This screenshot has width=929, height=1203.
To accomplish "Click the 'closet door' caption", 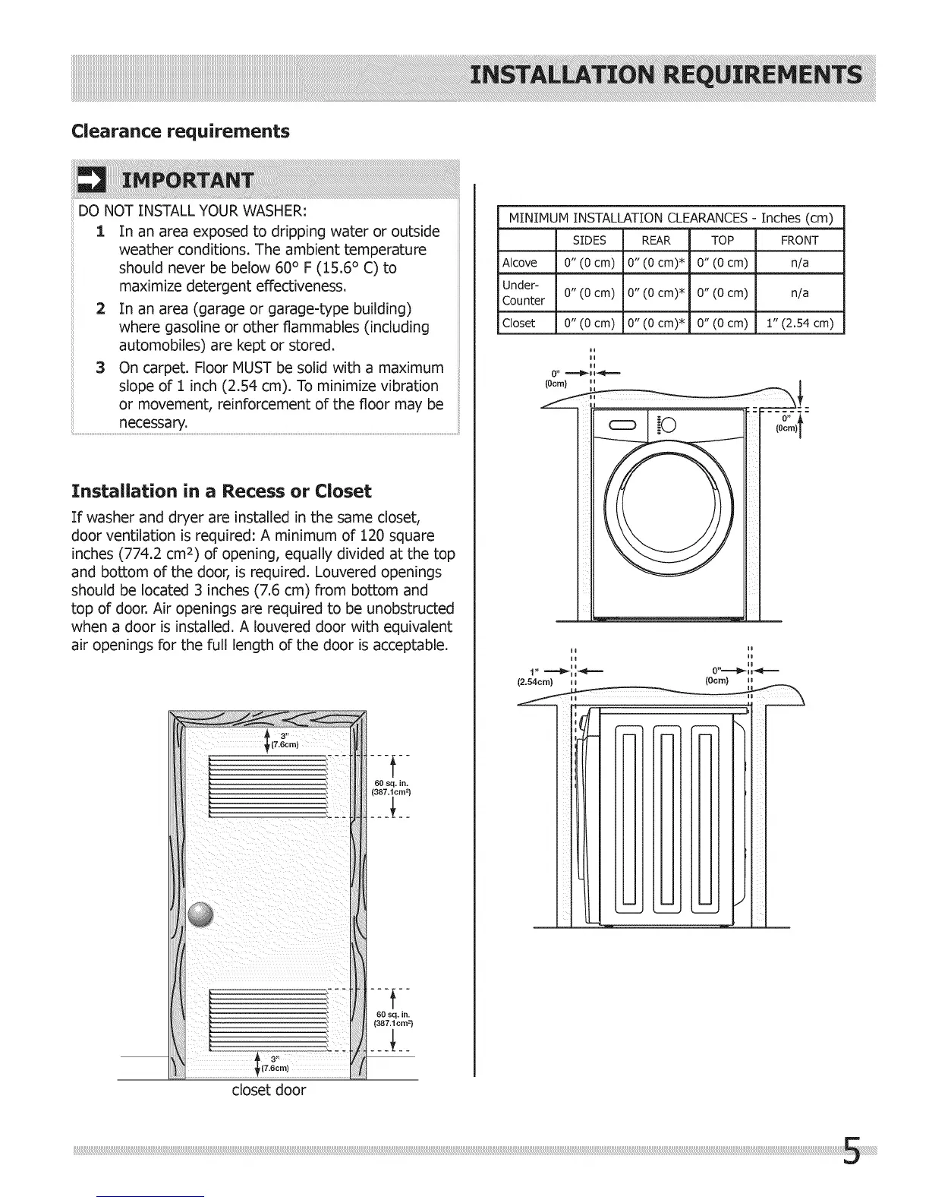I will (269, 1091).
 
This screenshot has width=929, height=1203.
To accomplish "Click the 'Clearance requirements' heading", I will (180, 131).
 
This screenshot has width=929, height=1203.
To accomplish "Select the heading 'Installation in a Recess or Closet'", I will (221, 491).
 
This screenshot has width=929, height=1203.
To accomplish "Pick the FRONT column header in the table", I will (800, 240).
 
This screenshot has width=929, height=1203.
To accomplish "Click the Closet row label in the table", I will (519, 323).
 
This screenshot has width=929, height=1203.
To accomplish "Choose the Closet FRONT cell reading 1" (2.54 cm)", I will (800, 323).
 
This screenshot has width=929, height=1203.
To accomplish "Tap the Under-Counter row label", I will (524, 292).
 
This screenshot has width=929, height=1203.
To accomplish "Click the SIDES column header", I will (589, 240).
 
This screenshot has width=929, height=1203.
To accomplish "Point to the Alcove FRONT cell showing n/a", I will (800, 263).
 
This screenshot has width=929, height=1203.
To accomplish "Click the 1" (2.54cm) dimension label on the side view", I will (535, 676).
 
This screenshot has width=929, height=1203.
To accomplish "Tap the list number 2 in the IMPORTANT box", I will (100, 309).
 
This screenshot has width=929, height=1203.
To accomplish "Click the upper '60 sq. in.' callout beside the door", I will (392, 788).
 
